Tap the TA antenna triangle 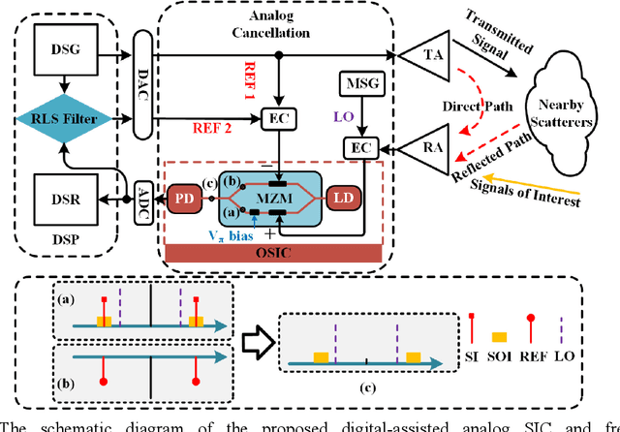426,55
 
